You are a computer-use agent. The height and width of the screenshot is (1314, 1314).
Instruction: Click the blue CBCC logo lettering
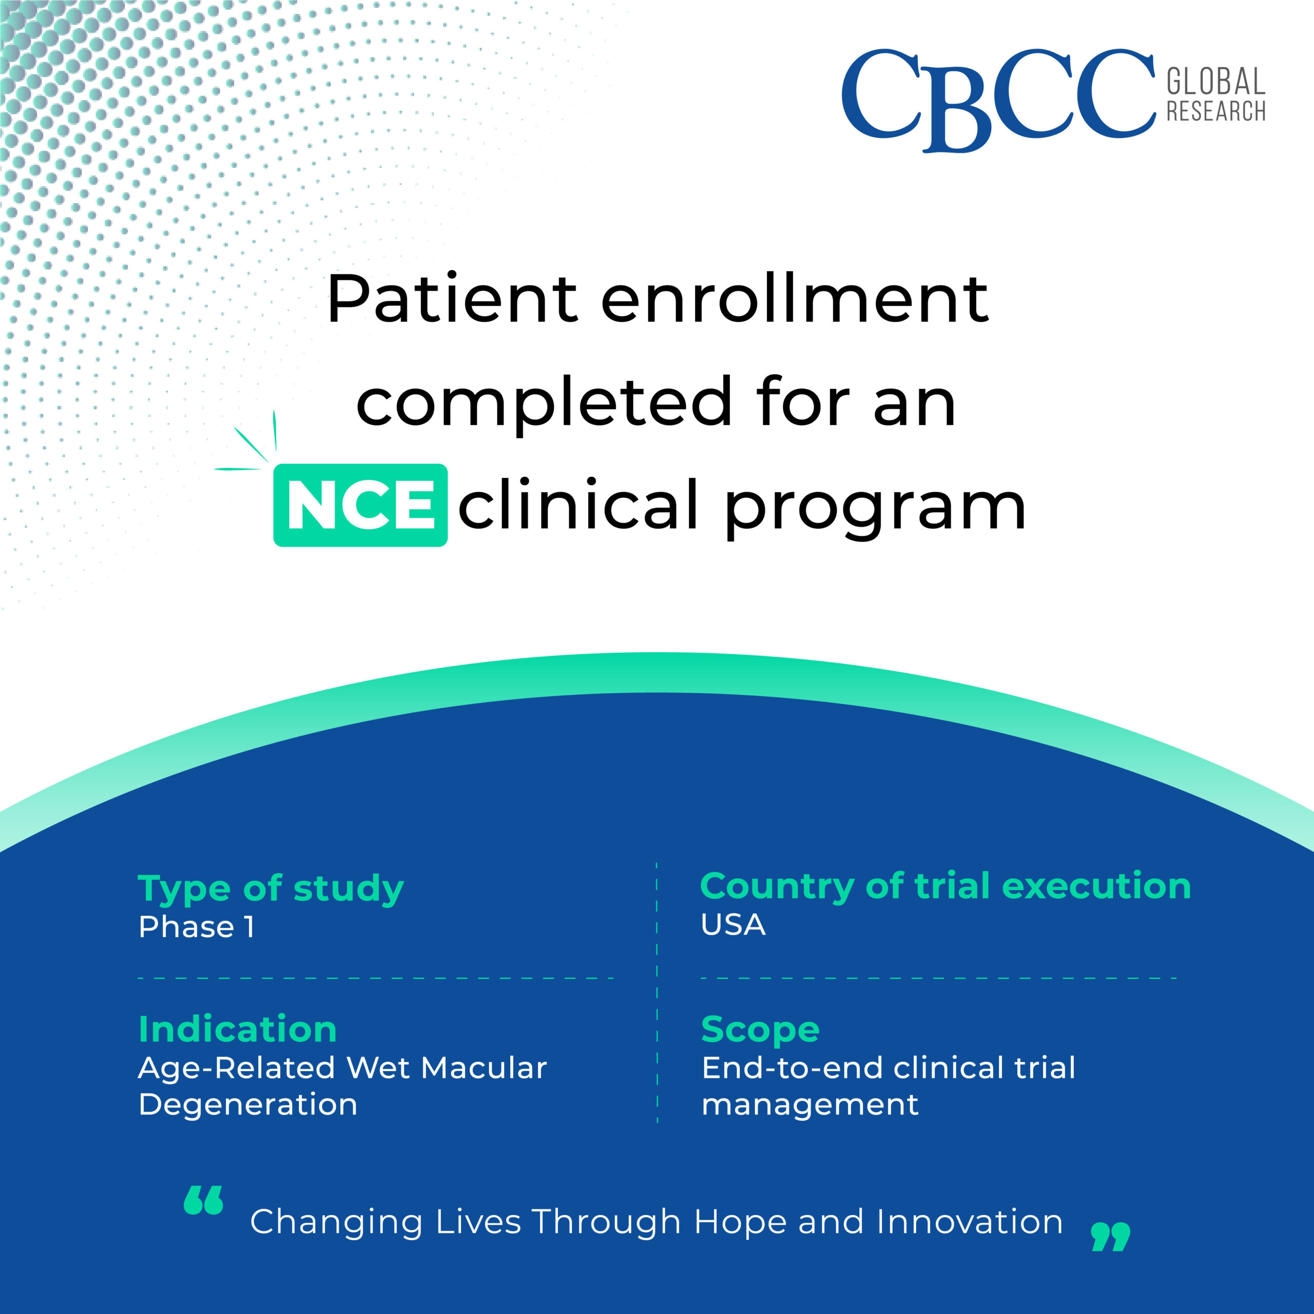click(998, 100)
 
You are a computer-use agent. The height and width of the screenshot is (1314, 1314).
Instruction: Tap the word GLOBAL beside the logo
click(1216, 82)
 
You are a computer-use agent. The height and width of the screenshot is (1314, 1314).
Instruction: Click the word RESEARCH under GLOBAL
click(1216, 111)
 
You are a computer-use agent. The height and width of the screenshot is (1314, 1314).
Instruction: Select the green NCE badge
click(360, 506)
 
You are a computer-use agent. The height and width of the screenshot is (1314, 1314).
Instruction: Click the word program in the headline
click(875, 509)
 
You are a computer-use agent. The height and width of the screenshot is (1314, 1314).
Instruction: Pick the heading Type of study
click(270, 890)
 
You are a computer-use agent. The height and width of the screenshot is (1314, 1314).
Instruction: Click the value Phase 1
click(197, 927)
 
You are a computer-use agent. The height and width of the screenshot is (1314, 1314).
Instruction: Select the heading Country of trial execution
click(945, 887)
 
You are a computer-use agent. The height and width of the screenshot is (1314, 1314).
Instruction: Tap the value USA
click(733, 925)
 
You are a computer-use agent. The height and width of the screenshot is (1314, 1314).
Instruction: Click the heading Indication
click(237, 1029)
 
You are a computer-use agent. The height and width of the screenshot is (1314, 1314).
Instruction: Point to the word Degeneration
click(247, 1105)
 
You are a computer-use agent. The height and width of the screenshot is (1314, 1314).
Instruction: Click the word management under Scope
click(810, 1105)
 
